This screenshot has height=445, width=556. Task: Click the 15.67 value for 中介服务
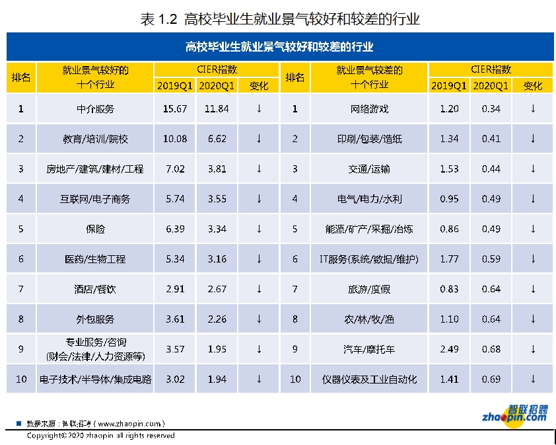coord(170,108)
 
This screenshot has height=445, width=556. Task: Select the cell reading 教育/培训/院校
coord(95,139)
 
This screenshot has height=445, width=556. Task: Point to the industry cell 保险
coord(95,229)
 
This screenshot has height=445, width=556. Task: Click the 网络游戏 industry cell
coord(369,108)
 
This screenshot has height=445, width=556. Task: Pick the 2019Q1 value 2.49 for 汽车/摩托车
coord(449,348)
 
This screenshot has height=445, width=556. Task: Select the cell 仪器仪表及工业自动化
coord(369,379)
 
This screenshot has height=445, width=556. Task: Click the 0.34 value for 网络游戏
coord(491,108)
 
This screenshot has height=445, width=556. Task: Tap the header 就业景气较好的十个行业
coord(95,77)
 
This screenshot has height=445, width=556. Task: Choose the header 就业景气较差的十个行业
coord(369,77)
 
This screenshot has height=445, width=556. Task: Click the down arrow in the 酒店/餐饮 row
coord(259,289)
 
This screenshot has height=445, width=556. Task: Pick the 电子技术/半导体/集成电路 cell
coord(95,379)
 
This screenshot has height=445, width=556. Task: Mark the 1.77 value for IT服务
coord(449,259)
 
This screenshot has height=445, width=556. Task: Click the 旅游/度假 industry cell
coord(369,289)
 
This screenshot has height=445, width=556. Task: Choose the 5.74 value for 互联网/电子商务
coord(170,198)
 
